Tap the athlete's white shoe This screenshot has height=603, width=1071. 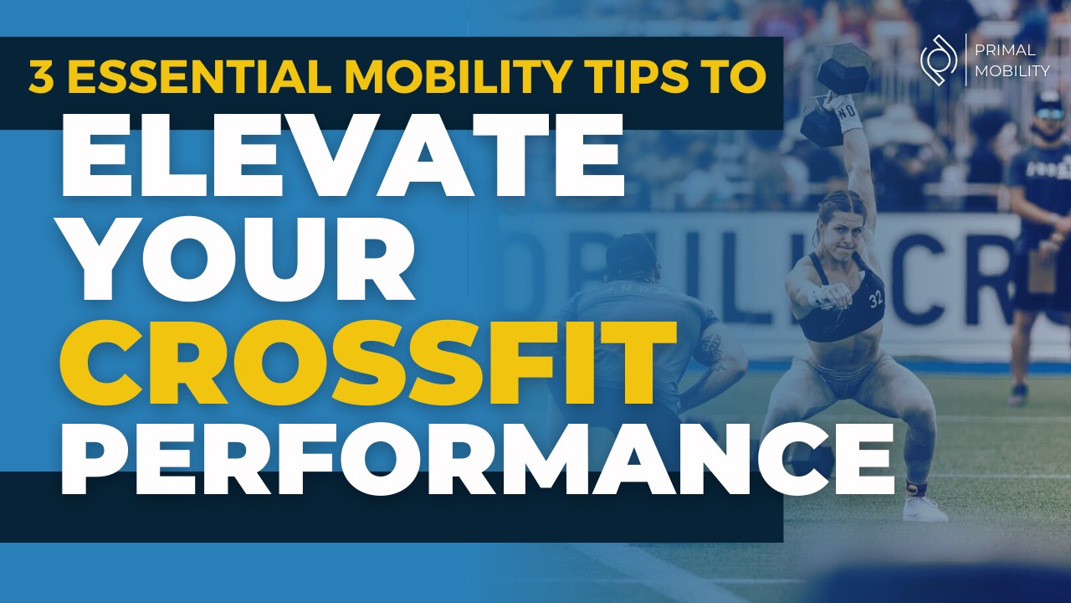pos(925,508)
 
